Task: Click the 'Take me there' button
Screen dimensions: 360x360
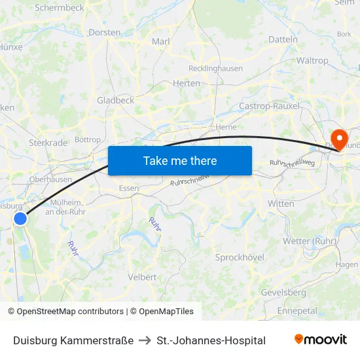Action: (179, 160)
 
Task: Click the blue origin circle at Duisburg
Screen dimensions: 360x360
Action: (20, 219)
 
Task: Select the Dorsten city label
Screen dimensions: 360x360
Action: (105, 32)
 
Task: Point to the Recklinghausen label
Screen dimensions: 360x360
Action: (215, 68)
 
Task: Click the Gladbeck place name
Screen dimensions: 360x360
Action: (115, 100)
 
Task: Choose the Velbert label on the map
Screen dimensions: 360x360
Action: (143, 277)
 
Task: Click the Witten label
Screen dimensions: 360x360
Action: (281, 204)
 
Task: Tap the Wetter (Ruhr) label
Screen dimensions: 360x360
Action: (309, 241)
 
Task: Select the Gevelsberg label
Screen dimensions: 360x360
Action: (283, 292)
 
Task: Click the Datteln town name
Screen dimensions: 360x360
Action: (283, 39)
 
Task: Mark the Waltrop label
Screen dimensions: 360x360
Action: (312, 60)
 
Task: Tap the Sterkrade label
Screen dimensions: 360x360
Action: (48, 142)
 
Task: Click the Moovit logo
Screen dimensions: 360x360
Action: (320, 340)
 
